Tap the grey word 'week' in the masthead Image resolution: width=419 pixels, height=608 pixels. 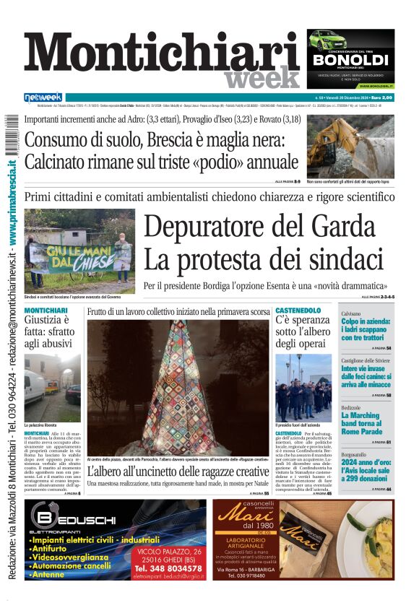pyautogui.click(x=262, y=78)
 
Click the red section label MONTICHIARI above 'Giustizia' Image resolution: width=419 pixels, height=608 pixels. pyautogui.click(x=46, y=310)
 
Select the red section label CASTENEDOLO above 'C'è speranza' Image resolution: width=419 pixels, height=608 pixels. pyautogui.click(x=298, y=310)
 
